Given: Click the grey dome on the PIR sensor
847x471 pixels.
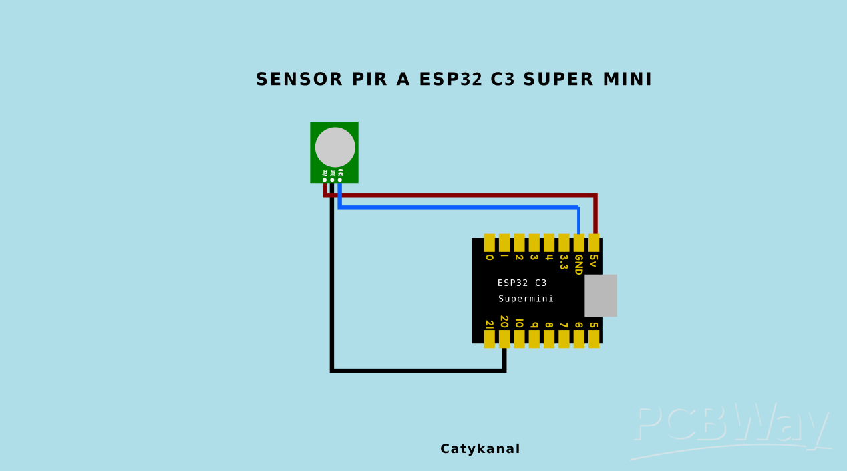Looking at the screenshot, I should [335, 147].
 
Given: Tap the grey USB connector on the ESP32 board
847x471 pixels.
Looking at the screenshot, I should [601, 295].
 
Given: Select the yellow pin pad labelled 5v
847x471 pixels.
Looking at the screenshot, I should [594, 242].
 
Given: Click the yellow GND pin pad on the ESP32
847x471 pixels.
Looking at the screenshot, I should [578, 242].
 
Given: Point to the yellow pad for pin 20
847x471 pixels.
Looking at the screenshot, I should [504, 339].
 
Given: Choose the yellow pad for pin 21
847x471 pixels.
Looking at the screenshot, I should [489, 339].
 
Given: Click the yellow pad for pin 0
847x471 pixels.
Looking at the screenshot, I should [489, 242].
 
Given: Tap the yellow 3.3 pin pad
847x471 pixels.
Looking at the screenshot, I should [564, 242].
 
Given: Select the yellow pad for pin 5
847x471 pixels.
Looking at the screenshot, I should [594, 339].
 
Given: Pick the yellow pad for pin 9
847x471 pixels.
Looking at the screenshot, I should [534, 339].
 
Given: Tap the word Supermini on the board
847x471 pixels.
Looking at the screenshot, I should [526, 299].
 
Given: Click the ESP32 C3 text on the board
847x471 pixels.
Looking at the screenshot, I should [522, 283].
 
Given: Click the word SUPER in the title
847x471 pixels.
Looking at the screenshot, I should [558, 80].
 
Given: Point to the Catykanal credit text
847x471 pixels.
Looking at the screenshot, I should [480, 449].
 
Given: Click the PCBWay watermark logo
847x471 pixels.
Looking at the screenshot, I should [731, 428].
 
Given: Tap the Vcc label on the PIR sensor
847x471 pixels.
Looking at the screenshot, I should [325, 172].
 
